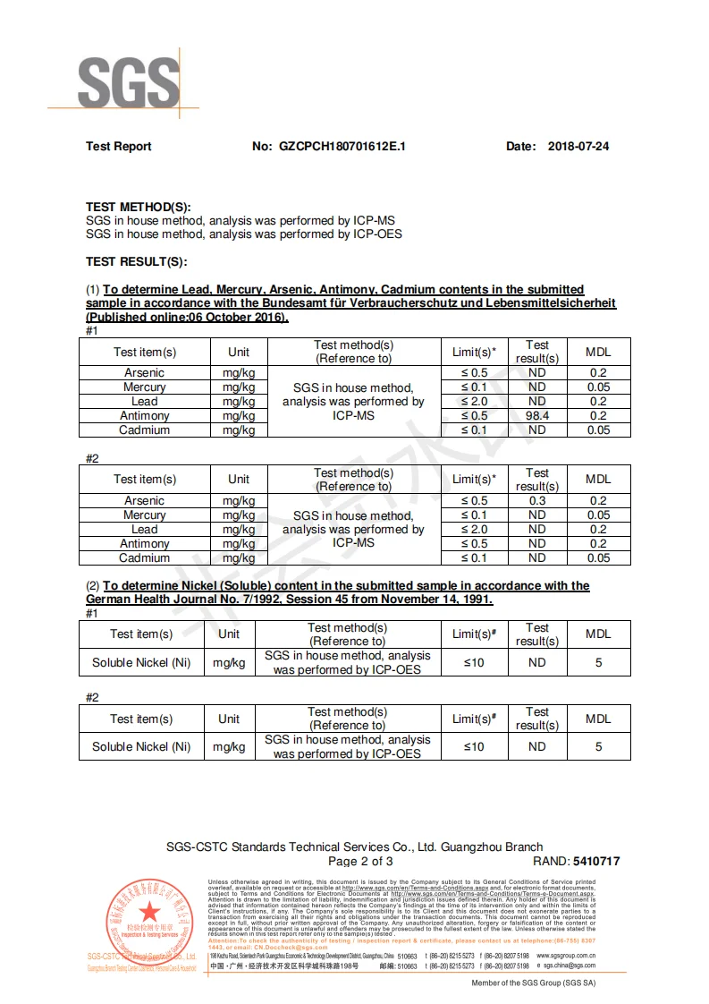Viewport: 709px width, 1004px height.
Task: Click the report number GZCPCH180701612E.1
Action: [342, 146]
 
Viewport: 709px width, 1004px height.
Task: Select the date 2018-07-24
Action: [578, 146]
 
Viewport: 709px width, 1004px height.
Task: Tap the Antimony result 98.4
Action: [536, 415]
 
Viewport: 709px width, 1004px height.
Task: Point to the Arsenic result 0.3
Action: [536, 501]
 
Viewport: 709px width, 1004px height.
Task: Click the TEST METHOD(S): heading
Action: [139, 207]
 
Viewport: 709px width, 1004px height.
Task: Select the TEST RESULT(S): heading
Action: [136, 261]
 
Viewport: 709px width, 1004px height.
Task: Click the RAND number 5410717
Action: [588, 862]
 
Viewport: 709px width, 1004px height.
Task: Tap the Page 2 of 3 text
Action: [360, 862]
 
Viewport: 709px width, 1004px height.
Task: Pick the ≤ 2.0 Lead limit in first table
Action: [475, 401]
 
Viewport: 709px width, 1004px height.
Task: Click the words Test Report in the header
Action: [119, 146]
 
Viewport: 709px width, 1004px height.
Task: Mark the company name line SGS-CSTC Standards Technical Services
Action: [354, 847]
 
